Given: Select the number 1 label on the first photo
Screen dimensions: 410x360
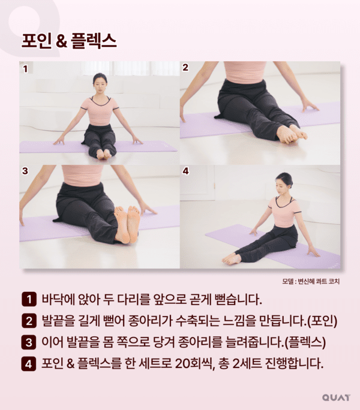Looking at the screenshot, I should click(25, 69).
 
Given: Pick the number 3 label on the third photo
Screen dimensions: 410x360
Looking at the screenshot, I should click(25, 171).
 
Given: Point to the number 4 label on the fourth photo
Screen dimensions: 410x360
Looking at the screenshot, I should click(185, 171).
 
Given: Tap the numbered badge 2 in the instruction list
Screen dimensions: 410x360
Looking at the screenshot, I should click(28, 321).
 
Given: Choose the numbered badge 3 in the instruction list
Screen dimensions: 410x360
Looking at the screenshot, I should click(28, 342).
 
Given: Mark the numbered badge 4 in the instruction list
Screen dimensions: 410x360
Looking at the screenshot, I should click(28, 364).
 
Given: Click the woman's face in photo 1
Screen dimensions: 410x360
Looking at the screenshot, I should click(100, 84).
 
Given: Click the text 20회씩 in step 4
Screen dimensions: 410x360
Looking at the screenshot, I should click(202, 364).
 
